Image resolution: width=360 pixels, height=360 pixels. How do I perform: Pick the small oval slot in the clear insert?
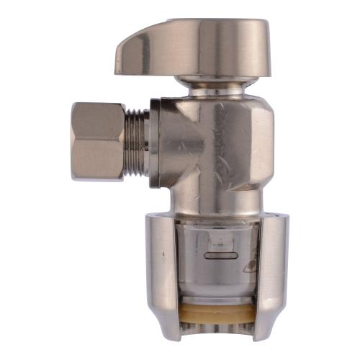pos(220,254)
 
